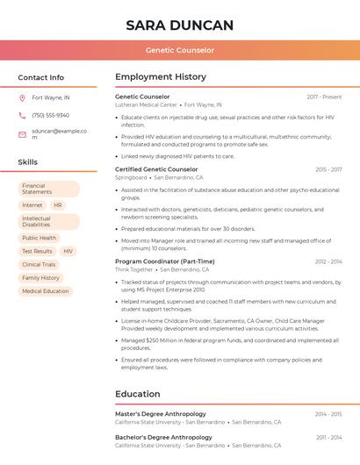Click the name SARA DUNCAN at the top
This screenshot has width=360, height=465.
(x=179, y=25)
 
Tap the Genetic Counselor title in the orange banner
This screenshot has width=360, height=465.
(x=179, y=50)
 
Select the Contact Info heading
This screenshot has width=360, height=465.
(x=41, y=77)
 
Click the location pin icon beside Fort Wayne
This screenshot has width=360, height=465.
(x=22, y=97)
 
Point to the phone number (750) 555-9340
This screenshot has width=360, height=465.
(x=50, y=115)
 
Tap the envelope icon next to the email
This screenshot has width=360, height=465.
(x=22, y=134)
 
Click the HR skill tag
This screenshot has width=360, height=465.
(x=58, y=205)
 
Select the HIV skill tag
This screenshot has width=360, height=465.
(x=68, y=251)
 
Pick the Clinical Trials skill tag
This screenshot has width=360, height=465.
(x=39, y=264)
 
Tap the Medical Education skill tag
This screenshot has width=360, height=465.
(x=45, y=291)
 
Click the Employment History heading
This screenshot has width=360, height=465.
(x=161, y=77)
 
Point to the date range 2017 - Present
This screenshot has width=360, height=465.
(x=324, y=97)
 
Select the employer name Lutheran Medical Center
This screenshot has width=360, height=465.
(x=146, y=104)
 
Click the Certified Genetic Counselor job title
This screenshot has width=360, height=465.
(x=156, y=169)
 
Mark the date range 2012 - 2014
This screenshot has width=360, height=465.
(x=328, y=261)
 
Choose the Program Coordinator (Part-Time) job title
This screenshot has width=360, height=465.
(x=164, y=261)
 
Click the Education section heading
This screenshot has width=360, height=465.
(x=137, y=394)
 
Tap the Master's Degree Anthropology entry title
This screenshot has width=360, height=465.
(x=161, y=414)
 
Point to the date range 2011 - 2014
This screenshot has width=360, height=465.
(x=328, y=437)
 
